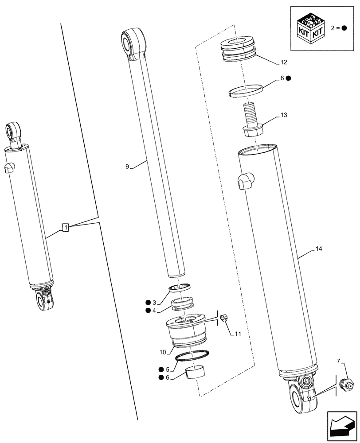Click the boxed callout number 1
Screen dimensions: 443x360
pyautogui.click(x=65, y=228)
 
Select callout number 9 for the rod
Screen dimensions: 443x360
pyautogui.click(x=127, y=167)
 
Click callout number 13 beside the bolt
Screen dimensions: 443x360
pyautogui.click(x=284, y=115)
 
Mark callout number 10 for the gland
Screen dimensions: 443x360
pyautogui.click(x=163, y=352)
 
